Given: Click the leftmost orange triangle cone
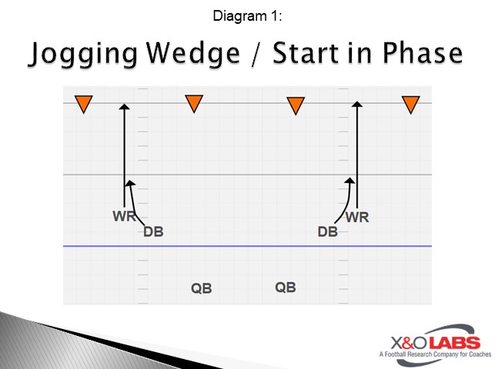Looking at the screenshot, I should (x=83, y=104).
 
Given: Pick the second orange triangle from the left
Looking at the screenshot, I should (x=194, y=102).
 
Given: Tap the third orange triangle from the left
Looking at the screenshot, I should (x=296, y=105).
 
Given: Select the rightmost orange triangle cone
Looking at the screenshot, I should (x=411, y=104).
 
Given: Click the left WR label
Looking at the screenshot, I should (x=124, y=216).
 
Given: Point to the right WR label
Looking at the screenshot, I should (x=357, y=217).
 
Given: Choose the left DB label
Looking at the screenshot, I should (x=153, y=231).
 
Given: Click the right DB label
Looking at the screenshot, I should (x=328, y=231).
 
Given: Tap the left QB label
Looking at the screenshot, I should (x=201, y=289).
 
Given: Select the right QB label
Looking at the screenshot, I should (x=286, y=287).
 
